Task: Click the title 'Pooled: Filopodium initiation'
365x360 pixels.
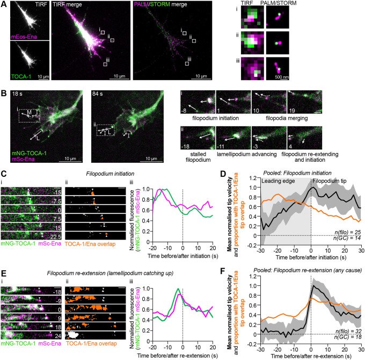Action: tap(304, 171)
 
